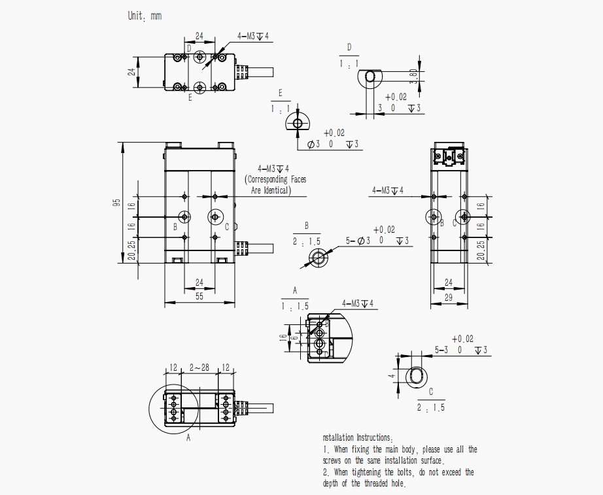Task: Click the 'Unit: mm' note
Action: [145, 16]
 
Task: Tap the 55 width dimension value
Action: [199, 296]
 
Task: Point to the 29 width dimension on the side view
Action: [449, 296]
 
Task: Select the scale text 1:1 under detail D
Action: [349, 64]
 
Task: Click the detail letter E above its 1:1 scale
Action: [280, 92]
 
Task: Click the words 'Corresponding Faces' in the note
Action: [275, 179]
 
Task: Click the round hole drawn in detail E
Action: [297, 123]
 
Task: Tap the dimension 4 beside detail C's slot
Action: [391, 377]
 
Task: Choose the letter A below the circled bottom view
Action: [188, 437]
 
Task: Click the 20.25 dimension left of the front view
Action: [131, 250]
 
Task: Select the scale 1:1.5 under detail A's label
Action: [294, 306]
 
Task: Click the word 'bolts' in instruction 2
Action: [395, 472]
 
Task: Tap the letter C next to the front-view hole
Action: [227, 227]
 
